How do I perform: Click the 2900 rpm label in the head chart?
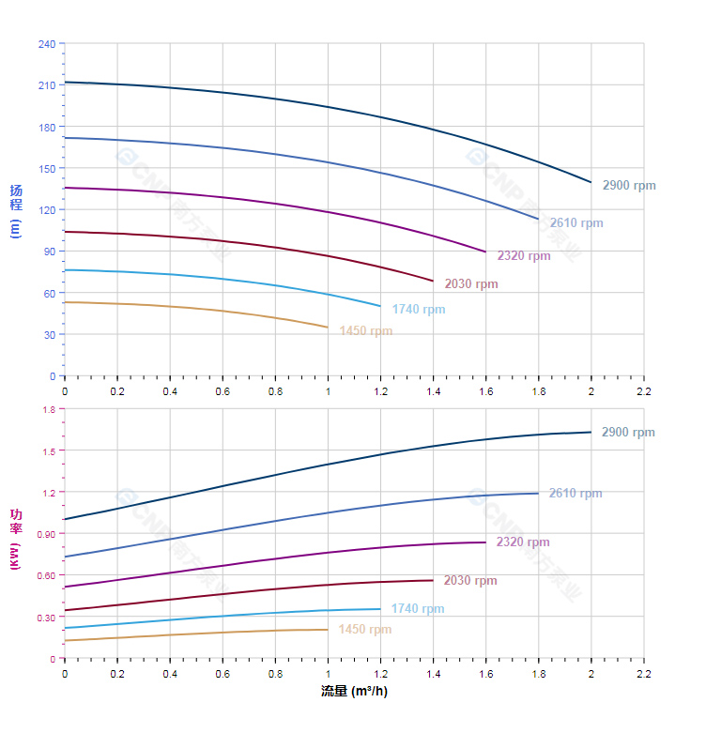coord(628,186)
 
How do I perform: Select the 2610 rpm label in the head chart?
coord(576,223)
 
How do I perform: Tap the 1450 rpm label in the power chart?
coord(364,630)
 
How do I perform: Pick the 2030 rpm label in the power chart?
coord(469,581)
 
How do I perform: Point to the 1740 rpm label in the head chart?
coord(418,310)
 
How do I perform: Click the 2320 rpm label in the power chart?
coord(522,542)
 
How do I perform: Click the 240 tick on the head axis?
coord(46,44)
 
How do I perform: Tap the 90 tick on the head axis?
coord(49,252)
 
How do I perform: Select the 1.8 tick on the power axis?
coord(49,409)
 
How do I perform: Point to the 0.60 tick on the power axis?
coord(46,575)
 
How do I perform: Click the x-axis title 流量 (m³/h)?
coord(354,692)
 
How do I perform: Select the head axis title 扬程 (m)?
coord(15,210)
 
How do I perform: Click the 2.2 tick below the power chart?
coord(643,673)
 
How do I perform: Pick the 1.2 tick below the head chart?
coord(380,390)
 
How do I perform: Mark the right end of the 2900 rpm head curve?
coord(591,182)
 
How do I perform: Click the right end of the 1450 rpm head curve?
coord(328,328)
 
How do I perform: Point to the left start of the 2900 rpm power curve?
coord(65,519)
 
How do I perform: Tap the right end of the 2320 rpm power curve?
coord(485,542)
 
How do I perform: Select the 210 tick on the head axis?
coord(46,85)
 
